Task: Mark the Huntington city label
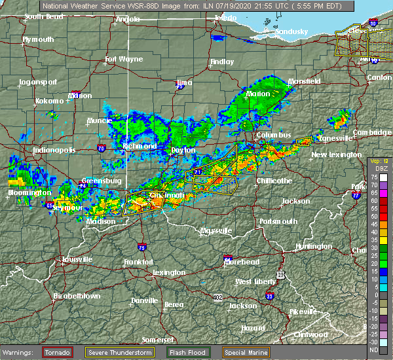(312, 246)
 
